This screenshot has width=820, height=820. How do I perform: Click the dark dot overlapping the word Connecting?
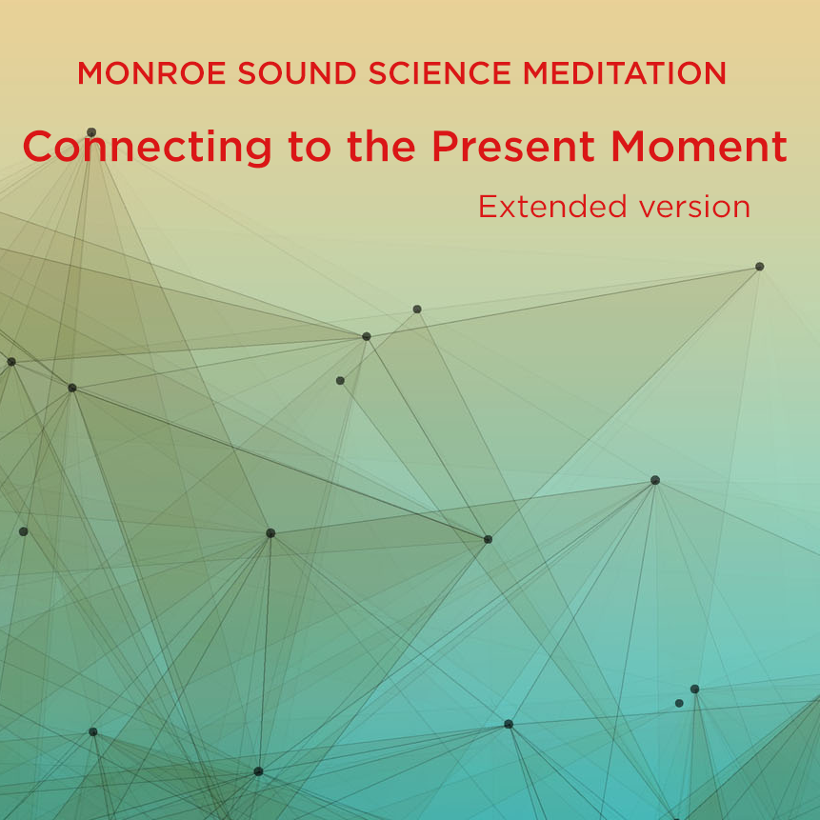click(x=91, y=132)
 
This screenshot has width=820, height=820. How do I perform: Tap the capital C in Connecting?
click(x=40, y=147)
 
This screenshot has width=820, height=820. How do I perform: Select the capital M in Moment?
click(x=632, y=147)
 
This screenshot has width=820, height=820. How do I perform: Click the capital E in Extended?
click(x=488, y=207)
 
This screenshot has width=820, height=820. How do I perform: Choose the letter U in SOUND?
click(x=269, y=73)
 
